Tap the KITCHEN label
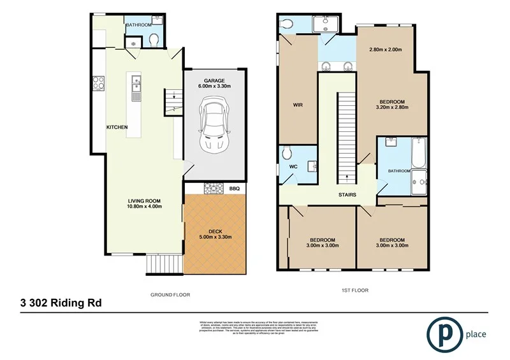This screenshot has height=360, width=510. (117, 127)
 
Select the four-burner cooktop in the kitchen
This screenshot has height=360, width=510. (99, 83)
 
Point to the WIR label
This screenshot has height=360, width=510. (297, 106)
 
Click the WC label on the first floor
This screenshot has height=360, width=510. (294, 168)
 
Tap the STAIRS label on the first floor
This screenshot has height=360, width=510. (347, 195)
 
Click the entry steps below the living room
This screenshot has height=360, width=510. (160, 263)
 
